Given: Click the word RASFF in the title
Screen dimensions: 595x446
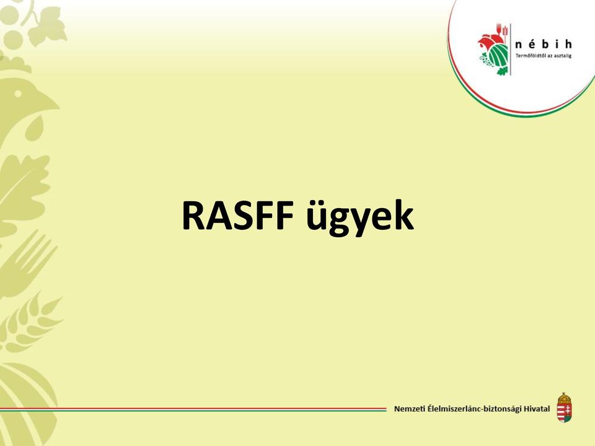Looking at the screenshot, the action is tap(238, 216).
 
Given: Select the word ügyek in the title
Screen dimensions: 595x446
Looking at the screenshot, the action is tap(359, 217).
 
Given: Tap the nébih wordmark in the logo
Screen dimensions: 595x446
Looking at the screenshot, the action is tap(544, 45).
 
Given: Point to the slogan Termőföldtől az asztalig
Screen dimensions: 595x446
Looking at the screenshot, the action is tap(544, 56).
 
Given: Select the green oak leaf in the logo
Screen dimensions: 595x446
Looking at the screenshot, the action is tap(501, 71).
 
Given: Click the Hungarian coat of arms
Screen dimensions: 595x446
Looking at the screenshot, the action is tap(564, 408).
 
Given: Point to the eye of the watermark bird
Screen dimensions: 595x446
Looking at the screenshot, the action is tap(17, 94).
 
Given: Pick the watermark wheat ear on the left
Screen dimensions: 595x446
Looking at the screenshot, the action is tap(30, 322).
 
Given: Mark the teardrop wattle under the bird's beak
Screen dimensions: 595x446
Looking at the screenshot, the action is tap(34, 128).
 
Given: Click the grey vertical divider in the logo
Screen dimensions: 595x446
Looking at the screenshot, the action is tap(511, 49).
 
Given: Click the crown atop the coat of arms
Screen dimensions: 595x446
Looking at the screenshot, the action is tap(564, 398).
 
